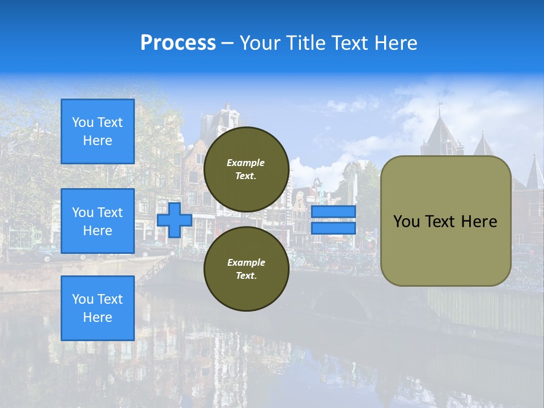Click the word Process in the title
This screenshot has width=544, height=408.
178,43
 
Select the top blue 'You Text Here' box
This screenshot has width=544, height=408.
97,131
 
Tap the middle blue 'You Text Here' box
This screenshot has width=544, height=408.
97,221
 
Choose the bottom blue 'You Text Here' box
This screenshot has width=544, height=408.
97,308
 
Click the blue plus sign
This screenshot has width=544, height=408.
175,220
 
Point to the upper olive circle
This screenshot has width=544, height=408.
246,169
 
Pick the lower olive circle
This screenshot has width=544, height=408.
246,269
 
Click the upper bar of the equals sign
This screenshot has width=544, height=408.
333,212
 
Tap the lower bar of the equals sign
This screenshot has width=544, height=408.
333,228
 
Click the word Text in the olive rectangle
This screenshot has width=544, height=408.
439,222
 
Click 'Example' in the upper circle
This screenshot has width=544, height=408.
246,163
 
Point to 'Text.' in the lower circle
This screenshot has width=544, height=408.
246,276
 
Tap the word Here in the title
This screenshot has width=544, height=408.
396,43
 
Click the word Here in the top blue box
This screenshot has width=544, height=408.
97,141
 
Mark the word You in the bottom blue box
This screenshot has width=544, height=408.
82,299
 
